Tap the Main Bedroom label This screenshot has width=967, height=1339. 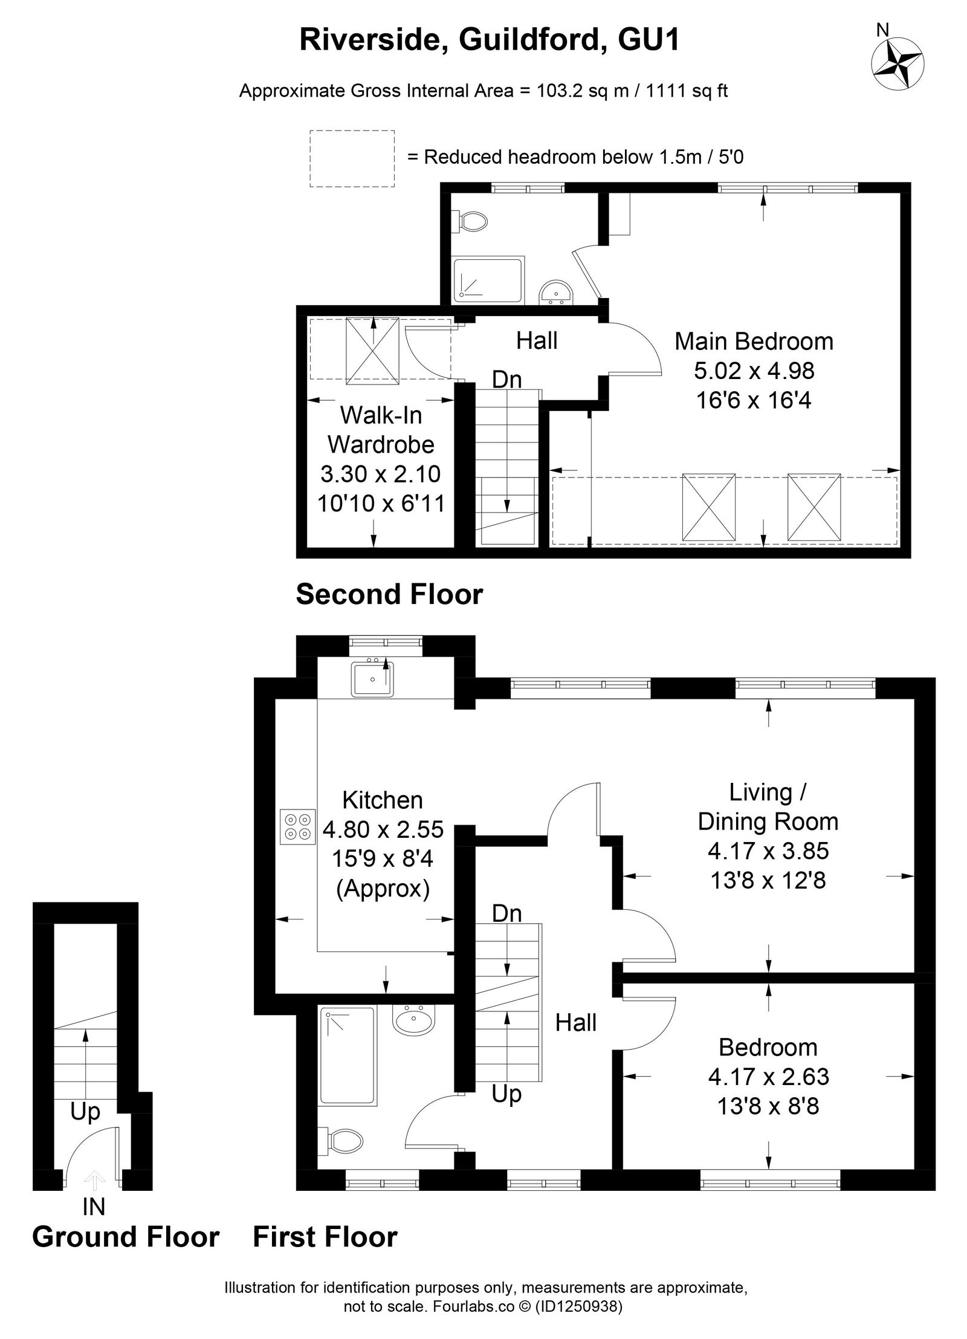pyautogui.click(x=754, y=342)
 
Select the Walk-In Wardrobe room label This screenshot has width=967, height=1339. pyautogui.click(x=381, y=430)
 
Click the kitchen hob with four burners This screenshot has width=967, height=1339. pyautogui.click(x=298, y=826)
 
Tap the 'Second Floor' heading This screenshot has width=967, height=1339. pyautogui.click(x=389, y=594)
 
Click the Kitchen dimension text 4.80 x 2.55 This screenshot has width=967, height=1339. pyautogui.click(x=383, y=829)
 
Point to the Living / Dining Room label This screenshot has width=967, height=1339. pyautogui.click(x=768, y=806)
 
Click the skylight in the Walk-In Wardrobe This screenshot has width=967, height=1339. pyautogui.click(x=372, y=351)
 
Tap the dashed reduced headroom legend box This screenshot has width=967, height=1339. pyautogui.click(x=352, y=158)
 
